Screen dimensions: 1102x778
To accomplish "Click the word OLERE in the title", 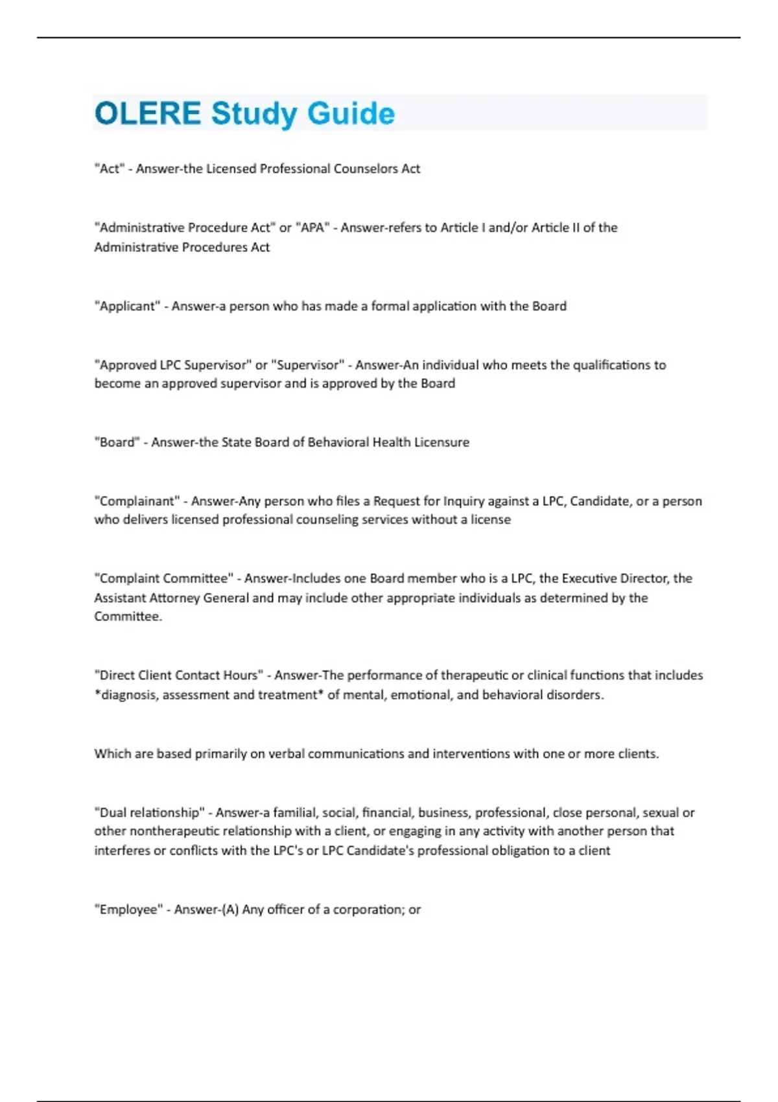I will pos(148,113).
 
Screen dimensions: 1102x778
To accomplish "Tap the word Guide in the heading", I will pos(351,113).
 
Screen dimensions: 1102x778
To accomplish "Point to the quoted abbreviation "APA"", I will pos(313,228).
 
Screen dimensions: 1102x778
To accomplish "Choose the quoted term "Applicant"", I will pos(126,306).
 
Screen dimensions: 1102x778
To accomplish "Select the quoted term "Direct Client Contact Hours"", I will pos(178,675).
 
